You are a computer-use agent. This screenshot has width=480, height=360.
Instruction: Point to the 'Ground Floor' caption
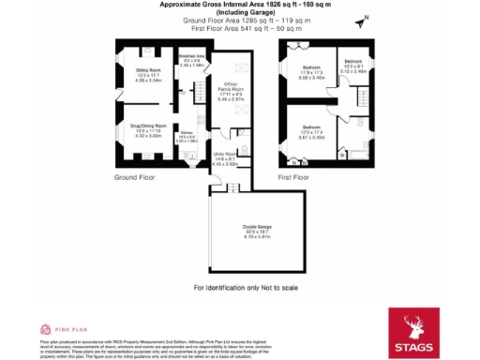coord(134,176)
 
